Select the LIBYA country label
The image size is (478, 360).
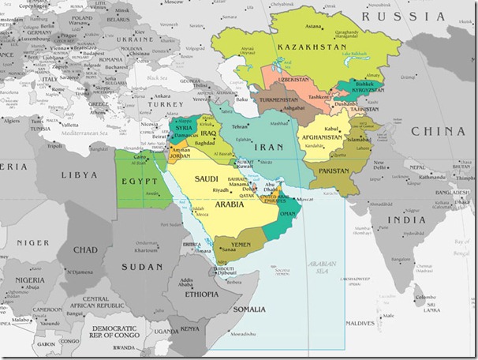(80, 173)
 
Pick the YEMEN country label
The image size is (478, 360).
(240, 244)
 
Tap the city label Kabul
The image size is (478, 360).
(332, 127)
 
